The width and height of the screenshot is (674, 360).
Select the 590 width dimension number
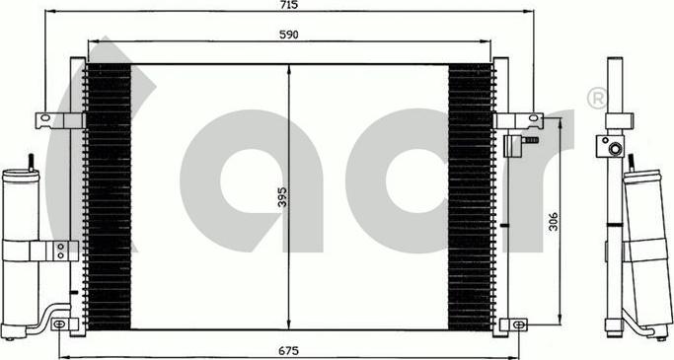(289, 35)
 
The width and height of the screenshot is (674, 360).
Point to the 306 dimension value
(553, 223)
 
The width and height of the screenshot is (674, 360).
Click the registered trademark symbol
(596, 98)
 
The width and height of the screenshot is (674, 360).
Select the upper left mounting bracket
(55, 120)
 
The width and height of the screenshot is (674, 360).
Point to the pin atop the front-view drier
(31, 161)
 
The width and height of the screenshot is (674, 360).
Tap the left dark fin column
(109, 197)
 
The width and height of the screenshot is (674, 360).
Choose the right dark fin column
(470, 197)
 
